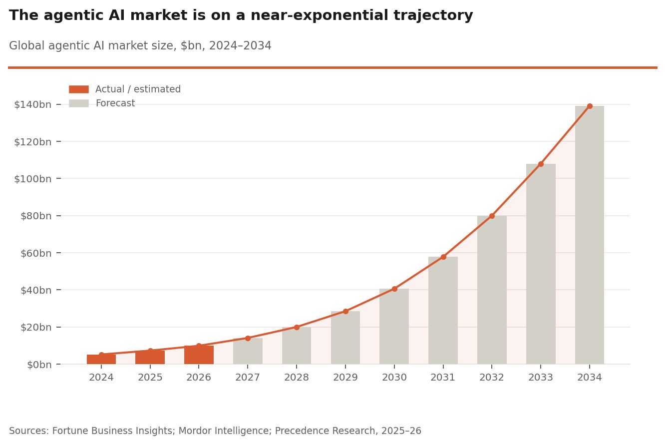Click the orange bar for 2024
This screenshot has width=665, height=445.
coord(101,360)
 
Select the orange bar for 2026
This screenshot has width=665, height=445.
coord(199,355)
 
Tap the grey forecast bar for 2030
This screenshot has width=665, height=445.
coord(394,327)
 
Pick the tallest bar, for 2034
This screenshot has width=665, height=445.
coord(590,235)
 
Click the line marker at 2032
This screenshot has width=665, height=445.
coord(492,216)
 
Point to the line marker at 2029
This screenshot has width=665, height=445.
coord(345,311)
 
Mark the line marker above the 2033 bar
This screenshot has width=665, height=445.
coord(541,164)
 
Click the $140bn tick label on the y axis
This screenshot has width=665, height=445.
coord(32,104)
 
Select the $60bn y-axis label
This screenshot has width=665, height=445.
coord(35,253)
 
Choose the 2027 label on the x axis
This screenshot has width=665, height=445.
coord(248,378)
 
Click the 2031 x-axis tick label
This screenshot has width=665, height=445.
coord(443,378)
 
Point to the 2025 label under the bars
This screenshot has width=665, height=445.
coord(150,378)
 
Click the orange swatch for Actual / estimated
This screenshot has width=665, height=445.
coord(79,89)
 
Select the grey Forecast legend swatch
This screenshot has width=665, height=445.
coord(79,103)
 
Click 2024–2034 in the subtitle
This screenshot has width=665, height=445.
coord(240,46)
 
